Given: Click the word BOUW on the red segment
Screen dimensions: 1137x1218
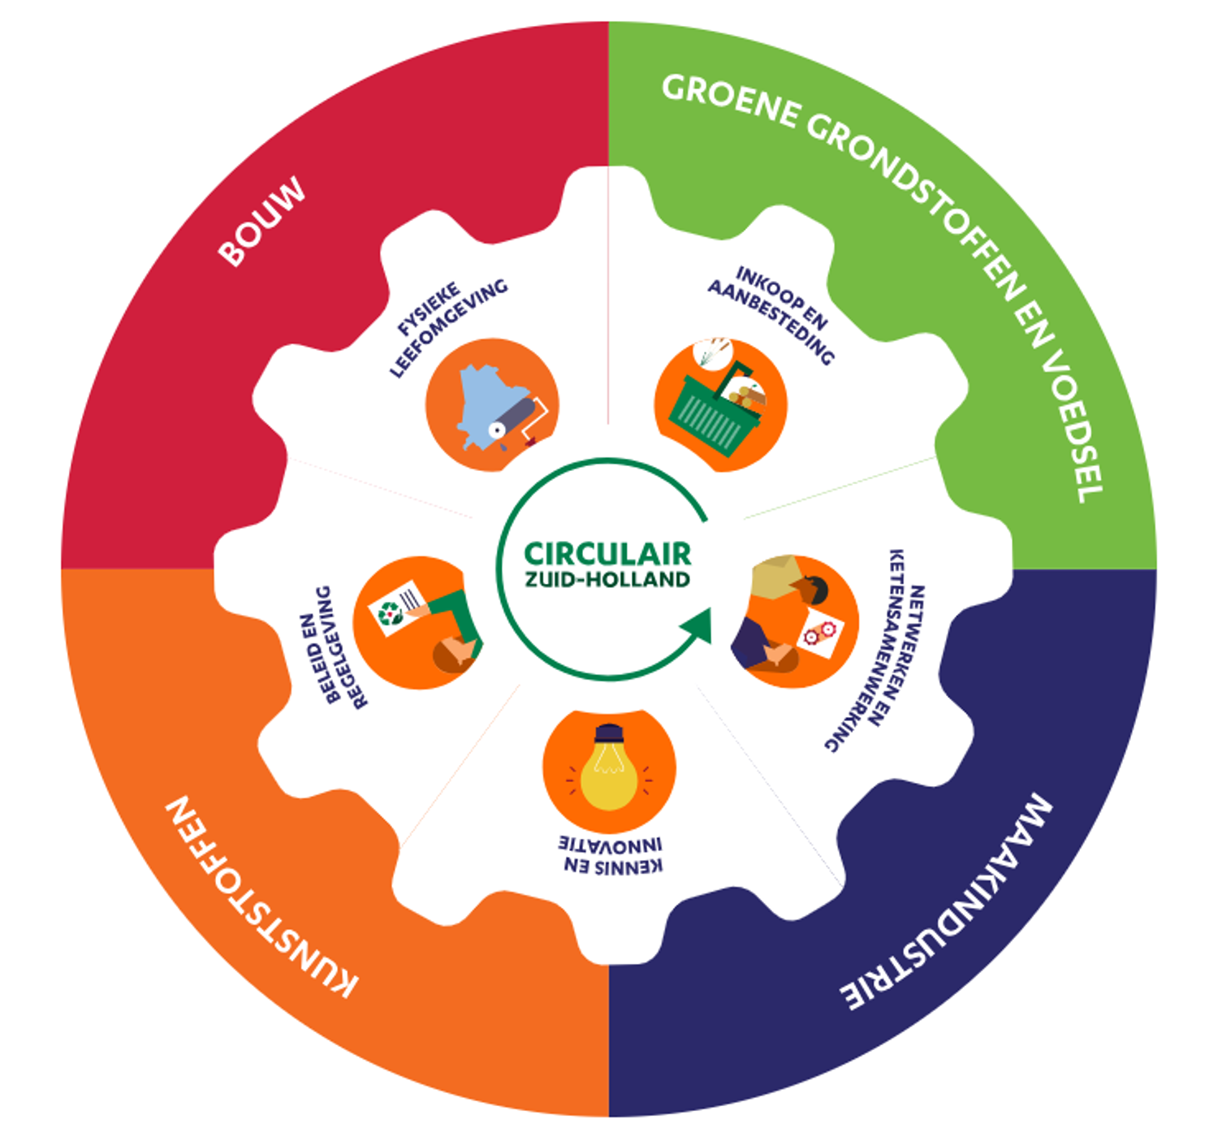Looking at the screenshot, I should (x=261, y=221).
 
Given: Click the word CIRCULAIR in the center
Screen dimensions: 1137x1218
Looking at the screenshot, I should (x=607, y=554).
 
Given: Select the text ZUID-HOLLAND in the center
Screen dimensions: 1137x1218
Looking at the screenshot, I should (x=607, y=580).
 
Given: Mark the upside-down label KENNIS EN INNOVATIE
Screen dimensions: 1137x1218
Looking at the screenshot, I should (x=611, y=855).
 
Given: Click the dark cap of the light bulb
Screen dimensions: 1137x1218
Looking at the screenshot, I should (x=609, y=735).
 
